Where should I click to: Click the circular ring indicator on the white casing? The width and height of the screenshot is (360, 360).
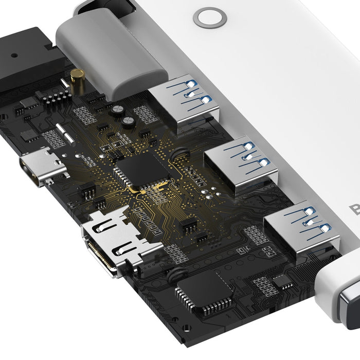point(210,17)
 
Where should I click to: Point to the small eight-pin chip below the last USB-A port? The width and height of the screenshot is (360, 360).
point(282,280)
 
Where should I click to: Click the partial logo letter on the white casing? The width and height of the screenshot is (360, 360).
point(355,210)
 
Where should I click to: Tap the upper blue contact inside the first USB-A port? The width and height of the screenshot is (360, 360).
point(191,83)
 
